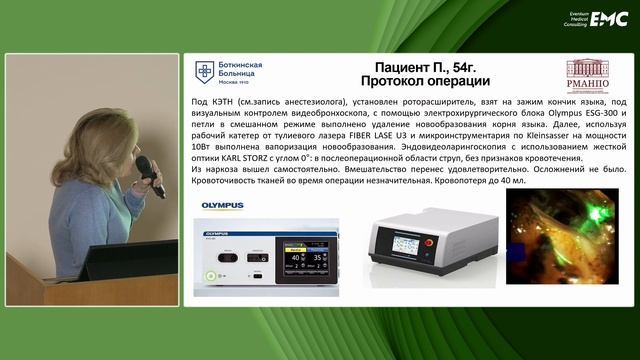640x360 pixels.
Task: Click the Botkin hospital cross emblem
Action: pyautogui.click(x=204, y=71)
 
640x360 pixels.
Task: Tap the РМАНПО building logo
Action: pyautogui.click(x=587, y=77)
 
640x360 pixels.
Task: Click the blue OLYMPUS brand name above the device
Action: pyautogui.click(x=222, y=206)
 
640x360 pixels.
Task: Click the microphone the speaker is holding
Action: pyautogui.click(x=148, y=174)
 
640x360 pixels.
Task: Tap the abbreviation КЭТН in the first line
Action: pyautogui.click(x=226, y=102)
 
